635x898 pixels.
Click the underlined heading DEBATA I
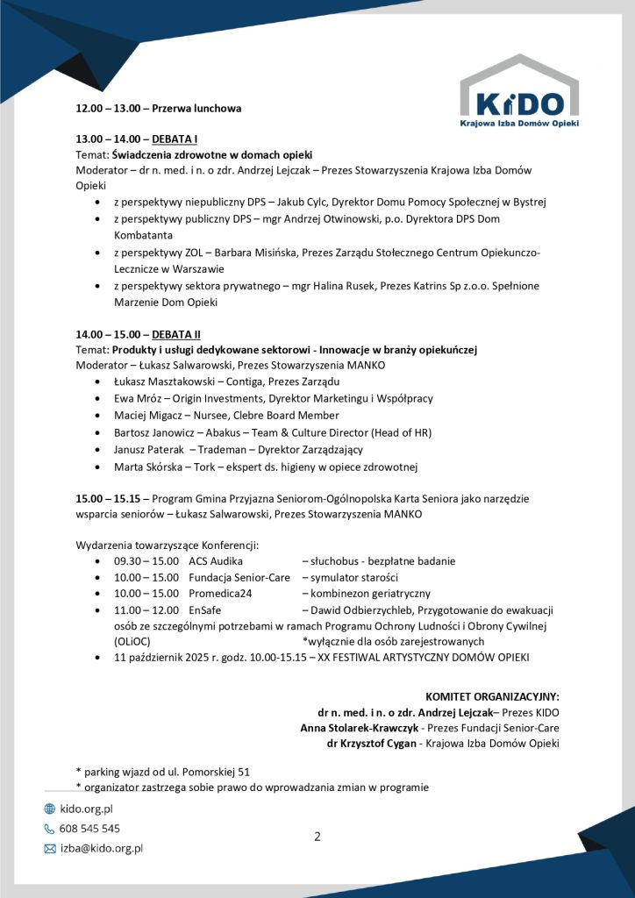click(175, 139)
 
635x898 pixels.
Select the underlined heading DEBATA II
click(176, 334)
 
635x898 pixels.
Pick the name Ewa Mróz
click(139, 398)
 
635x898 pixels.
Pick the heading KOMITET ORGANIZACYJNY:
click(492, 696)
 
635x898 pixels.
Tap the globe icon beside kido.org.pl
click(50, 809)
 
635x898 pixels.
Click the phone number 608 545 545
click(89, 828)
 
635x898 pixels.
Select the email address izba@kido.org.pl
click(101, 848)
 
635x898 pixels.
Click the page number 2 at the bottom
click(317, 836)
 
